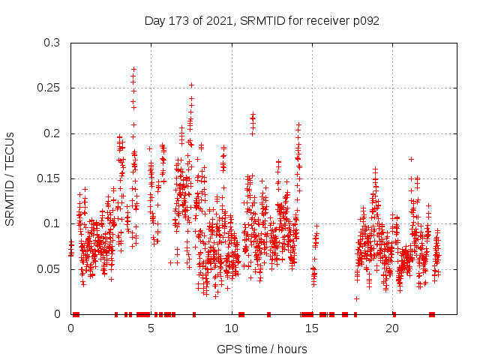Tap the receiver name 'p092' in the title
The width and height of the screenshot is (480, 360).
[365, 21]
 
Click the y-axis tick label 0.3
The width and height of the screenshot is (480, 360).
[52, 43]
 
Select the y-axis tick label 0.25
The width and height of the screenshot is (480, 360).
[49, 88]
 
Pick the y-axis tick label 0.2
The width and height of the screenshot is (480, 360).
[52, 133]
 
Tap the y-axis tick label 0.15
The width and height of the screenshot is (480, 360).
[49, 178]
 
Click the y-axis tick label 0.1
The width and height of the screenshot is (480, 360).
[52, 223]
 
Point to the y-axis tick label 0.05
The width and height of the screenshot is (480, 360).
[49, 268]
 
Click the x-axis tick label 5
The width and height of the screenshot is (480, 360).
[151, 328]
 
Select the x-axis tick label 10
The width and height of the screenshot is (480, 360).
[232, 328]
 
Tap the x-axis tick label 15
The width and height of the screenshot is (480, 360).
[312, 328]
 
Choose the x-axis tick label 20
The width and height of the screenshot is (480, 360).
[392, 328]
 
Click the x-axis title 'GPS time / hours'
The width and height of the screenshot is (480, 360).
[262, 349]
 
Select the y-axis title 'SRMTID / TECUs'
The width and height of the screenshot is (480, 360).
[10, 178]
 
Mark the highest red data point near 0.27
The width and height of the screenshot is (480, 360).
[133, 69]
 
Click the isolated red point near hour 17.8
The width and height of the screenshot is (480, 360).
[357, 298]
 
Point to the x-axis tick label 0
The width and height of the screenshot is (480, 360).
[71, 328]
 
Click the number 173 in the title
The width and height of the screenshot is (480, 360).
[181, 21]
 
